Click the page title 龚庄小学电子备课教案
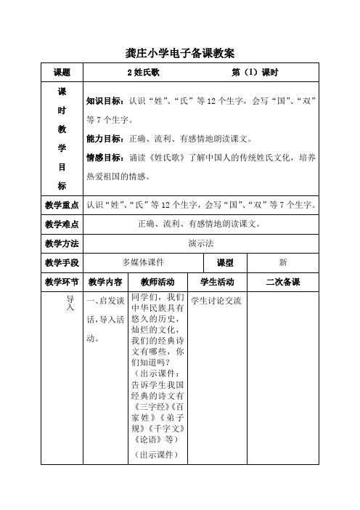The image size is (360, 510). [x=179, y=52]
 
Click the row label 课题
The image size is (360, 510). [x=62, y=73]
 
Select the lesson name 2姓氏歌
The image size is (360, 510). [x=143, y=73]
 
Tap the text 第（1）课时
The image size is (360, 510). [x=254, y=73]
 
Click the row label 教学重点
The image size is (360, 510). [x=62, y=205]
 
